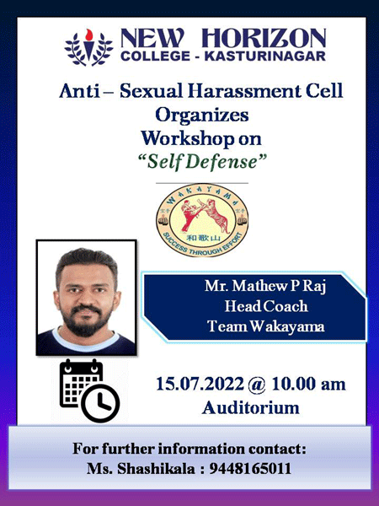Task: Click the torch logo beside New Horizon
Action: tap(88, 47)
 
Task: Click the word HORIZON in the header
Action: tap(264, 39)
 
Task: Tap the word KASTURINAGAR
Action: tap(265, 56)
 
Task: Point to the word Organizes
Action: tap(202, 116)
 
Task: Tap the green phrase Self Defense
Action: tap(202, 161)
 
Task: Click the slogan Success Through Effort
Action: tap(202, 246)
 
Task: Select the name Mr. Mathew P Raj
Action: tap(265, 286)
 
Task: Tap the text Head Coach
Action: tap(266, 306)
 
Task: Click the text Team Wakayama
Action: tap(265, 326)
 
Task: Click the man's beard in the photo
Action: tap(86, 320)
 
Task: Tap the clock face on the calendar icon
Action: tap(100, 403)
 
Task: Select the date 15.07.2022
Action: tap(200, 385)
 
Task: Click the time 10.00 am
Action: tap(309, 385)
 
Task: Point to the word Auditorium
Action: tap(251, 407)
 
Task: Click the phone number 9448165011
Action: tap(250, 469)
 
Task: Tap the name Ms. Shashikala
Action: tap(141, 469)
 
